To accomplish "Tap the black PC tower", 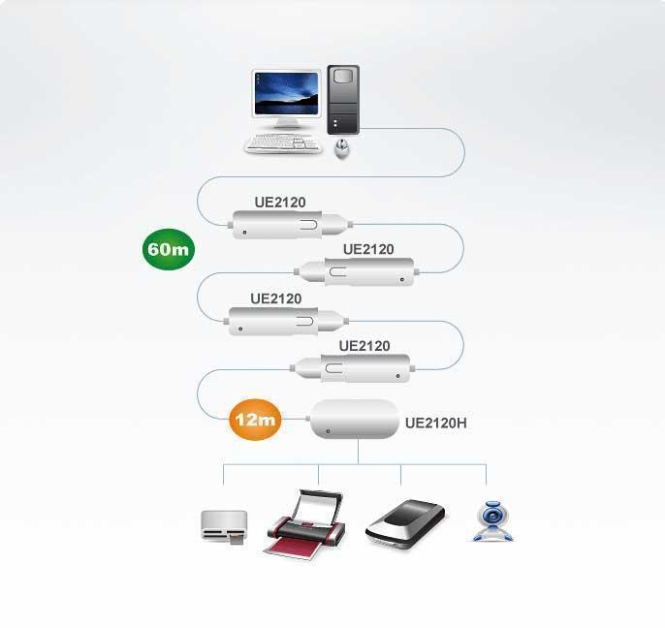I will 342,99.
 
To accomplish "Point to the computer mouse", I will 341,148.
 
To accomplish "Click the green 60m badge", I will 169,249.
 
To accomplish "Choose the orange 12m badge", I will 255,420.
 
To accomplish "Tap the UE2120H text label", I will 435,423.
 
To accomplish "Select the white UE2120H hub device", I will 354,421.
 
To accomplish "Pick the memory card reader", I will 223,526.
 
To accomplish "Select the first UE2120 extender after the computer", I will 286,226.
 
